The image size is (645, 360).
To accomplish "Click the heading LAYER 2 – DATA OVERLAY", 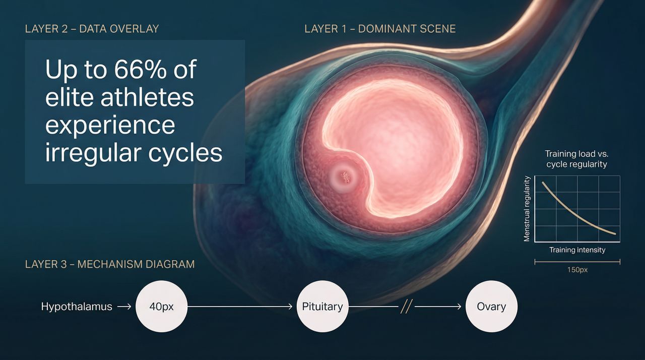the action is tap(92, 29).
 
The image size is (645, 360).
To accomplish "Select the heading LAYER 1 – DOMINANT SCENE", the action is tap(380, 29).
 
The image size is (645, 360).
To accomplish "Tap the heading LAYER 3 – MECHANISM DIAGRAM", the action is tap(110, 264).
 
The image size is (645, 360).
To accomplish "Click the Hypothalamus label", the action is tap(77, 307).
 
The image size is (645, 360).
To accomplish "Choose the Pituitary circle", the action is tap(322, 307).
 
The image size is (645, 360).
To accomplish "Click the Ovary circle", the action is tap(491, 307).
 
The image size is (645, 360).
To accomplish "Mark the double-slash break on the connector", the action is tap(407, 307).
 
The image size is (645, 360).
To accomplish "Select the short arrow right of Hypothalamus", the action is tap(124, 307).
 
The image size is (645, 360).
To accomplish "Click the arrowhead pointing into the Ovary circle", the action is tap(459, 307).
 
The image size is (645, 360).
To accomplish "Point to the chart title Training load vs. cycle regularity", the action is tap(577, 159).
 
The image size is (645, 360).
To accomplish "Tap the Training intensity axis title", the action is tap(577, 250).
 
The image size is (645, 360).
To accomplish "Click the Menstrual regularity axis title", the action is tap(527, 209).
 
